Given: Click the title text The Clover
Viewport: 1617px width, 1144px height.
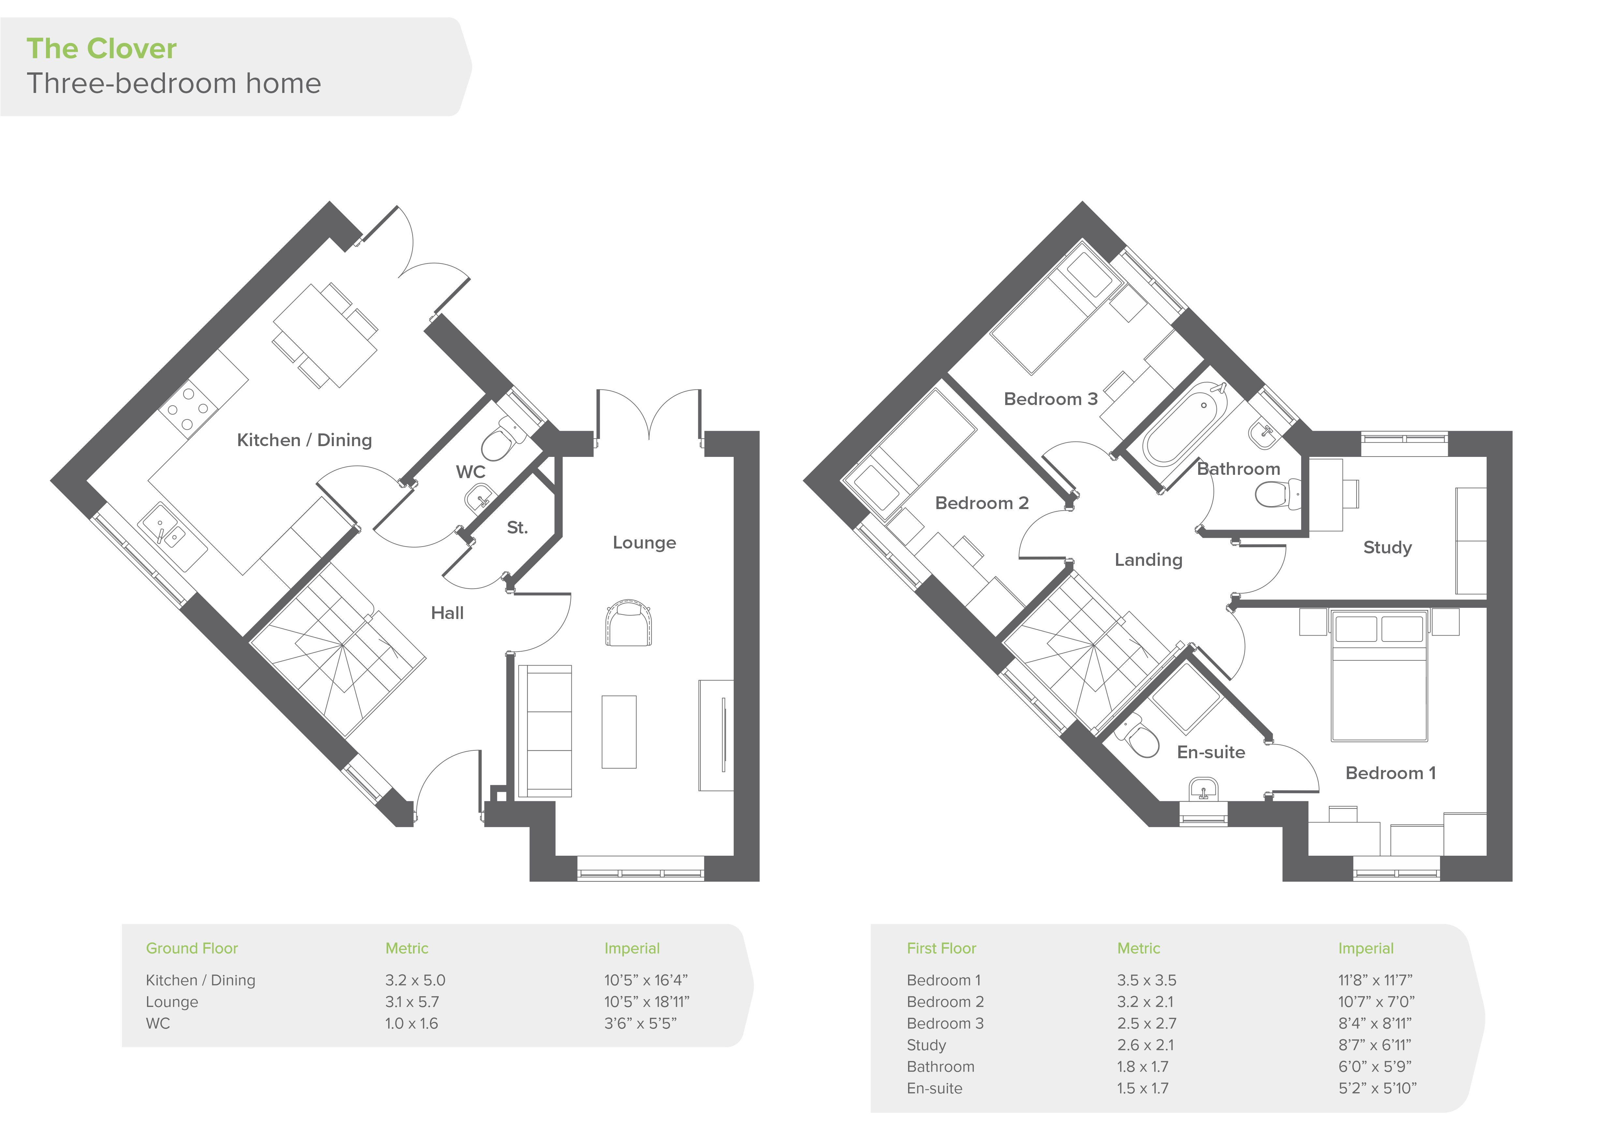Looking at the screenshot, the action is [x=101, y=49].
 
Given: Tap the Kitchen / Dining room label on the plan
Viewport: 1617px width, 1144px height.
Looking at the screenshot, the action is [x=304, y=440].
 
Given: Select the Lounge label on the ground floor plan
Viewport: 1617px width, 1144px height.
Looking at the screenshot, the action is [x=644, y=542].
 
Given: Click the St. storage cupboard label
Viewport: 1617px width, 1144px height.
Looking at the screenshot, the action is [x=517, y=528].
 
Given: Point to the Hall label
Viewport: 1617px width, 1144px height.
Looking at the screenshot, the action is [x=447, y=613].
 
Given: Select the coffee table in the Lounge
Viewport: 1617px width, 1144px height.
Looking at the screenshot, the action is [x=619, y=732].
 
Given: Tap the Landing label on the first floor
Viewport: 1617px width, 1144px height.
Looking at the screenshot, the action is [x=1148, y=560].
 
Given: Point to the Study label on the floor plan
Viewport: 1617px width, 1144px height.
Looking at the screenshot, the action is [x=1388, y=547].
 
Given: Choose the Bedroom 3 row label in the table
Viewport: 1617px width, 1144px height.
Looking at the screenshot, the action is [x=945, y=1024].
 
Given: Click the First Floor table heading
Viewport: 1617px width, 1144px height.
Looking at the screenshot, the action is [x=942, y=948].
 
